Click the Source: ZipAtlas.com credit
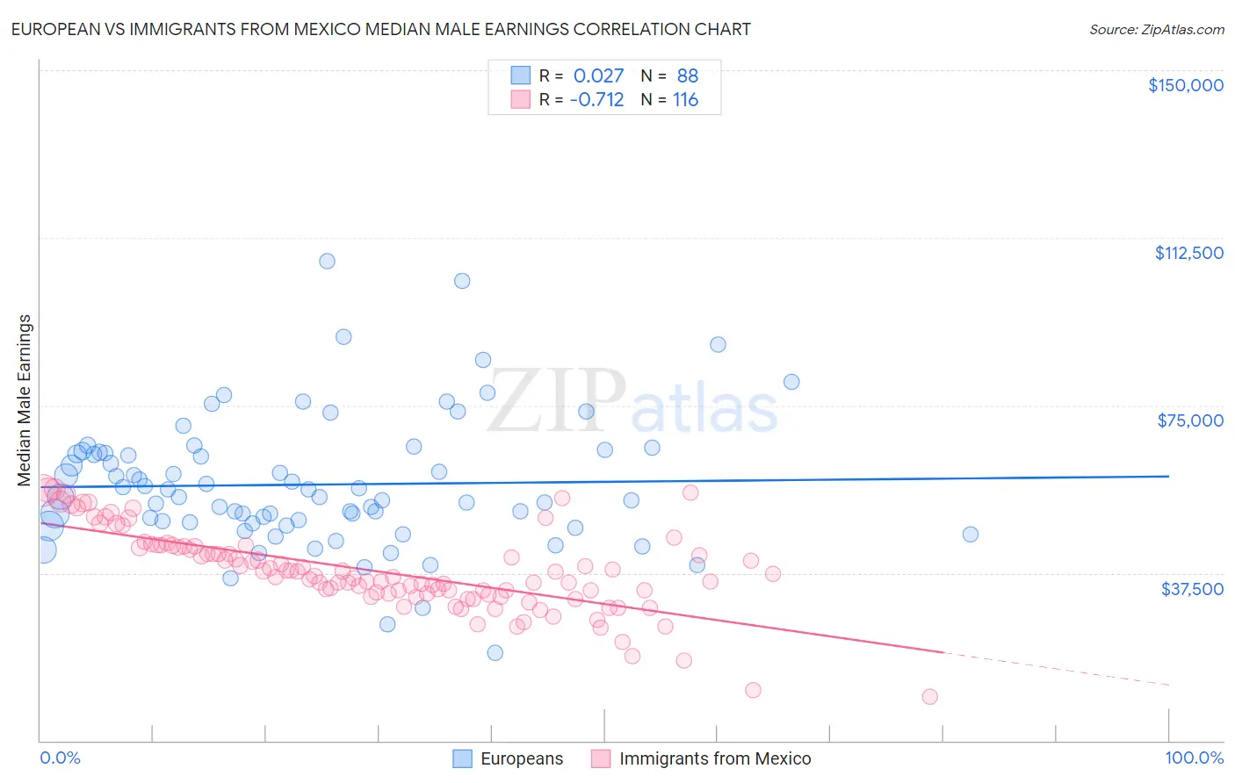(x=1156, y=29)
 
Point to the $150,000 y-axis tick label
(x=1185, y=85)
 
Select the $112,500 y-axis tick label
(x=1188, y=253)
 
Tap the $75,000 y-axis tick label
(x=1190, y=420)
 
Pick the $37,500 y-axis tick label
(x=1192, y=589)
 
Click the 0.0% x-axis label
(x=60, y=758)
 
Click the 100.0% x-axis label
(x=1194, y=758)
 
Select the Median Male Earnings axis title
(x=25, y=400)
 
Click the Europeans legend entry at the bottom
(x=521, y=758)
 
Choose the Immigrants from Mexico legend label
(x=714, y=758)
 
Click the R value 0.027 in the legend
(x=598, y=75)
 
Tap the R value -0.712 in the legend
(x=596, y=99)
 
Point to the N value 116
(x=685, y=99)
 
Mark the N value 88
(x=687, y=75)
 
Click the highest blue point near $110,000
(x=327, y=261)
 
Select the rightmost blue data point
(x=970, y=535)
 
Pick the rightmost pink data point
(x=929, y=697)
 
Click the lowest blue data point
(x=495, y=652)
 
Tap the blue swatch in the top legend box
(x=521, y=75)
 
